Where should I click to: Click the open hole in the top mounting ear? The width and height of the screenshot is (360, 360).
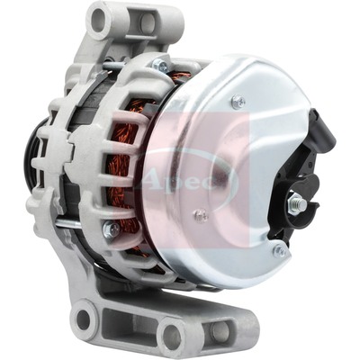coord(100,19)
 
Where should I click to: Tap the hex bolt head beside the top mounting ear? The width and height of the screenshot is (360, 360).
coord(159,65)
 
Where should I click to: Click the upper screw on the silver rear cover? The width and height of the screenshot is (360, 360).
coord(238,103)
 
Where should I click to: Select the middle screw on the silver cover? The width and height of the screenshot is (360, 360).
coord(201,216)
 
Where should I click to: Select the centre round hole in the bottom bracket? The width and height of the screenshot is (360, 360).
coord(171,337)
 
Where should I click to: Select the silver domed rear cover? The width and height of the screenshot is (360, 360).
coord(225,162)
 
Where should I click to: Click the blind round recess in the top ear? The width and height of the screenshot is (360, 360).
coord(144,22)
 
